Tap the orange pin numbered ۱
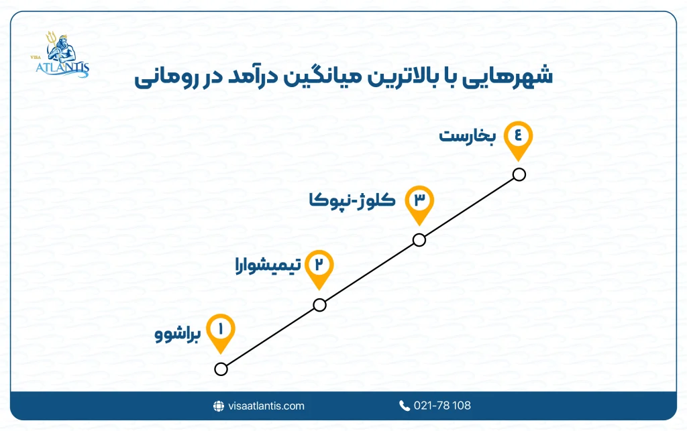coord(221,330)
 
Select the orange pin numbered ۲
coord(319,265)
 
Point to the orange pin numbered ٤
coord(517,137)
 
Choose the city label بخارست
coord(468,136)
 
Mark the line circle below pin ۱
coord(221,369)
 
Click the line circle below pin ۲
coord(319,305)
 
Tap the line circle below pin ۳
coord(419,240)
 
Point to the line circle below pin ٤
coord(518,175)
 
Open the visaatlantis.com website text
coord(266,406)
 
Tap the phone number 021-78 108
coord(442,406)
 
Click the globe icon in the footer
coord(218,406)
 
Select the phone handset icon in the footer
coord(404,406)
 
